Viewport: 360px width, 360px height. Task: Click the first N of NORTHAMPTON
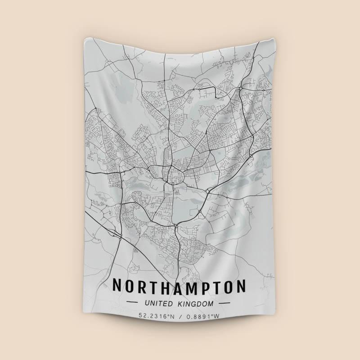point(117,286)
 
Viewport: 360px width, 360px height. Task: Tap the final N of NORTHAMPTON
point(242,286)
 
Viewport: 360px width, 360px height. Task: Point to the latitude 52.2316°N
point(156,316)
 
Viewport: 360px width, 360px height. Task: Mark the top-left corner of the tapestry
point(85,39)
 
